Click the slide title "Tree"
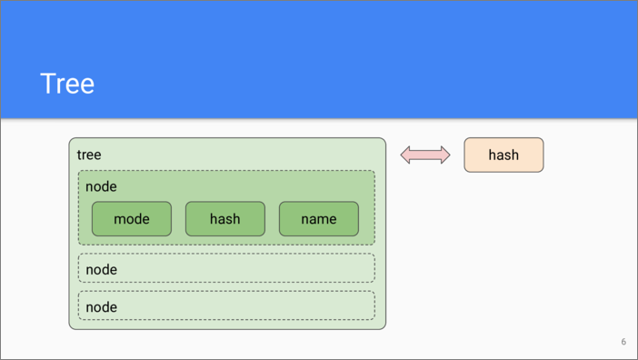pyautogui.click(x=67, y=84)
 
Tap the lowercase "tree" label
pyautogui.click(x=89, y=155)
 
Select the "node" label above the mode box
pyautogui.click(x=101, y=186)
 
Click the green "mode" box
pyautogui.click(x=132, y=219)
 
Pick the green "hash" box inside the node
pyautogui.click(x=225, y=219)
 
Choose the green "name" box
pyautogui.click(x=319, y=219)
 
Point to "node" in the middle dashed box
pyautogui.click(x=101, y=270)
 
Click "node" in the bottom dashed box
pyautogui.click(x=101, y=307)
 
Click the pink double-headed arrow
pyautogui.click(x=425, y=155)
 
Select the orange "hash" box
pyautogui.click(x=503, y=155)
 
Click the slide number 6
pyautogui.click(x=623, y=342)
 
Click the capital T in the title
pyautogui.click(x=47, y=84)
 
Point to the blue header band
pyautogui.click(x=319, y=59)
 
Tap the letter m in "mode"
pyautogui.click(x=118, y=220)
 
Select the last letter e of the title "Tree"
pyautogui.click(x=87, y=86)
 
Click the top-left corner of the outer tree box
pyautogui.click(x=69, y=138)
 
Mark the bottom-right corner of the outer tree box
pyautogui.click(x=385, y=329)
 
